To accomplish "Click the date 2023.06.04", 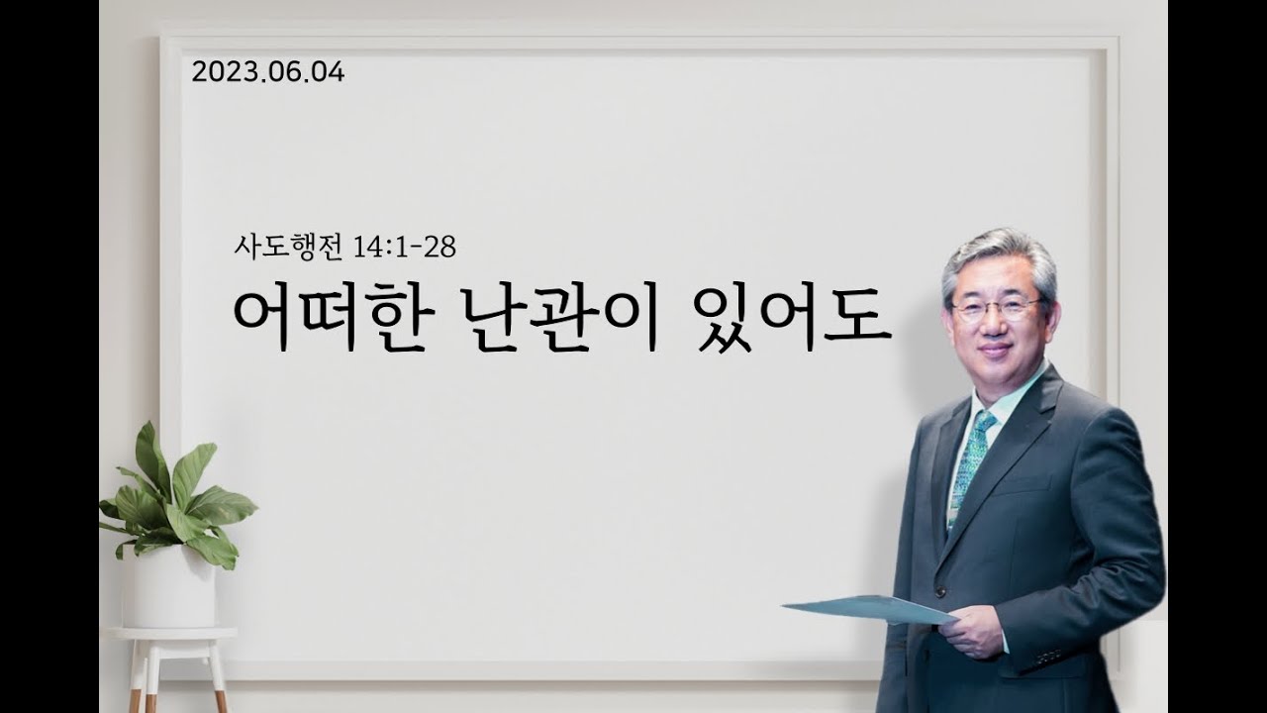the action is pos(268,73).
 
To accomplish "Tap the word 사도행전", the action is pos(288,248).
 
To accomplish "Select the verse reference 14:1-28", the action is pos(404,248).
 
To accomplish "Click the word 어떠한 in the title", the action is pos(330,319).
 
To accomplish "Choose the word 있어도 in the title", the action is pos(791,319).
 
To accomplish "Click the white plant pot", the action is pos(170,587).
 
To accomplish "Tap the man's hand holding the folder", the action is pos(971,632).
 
